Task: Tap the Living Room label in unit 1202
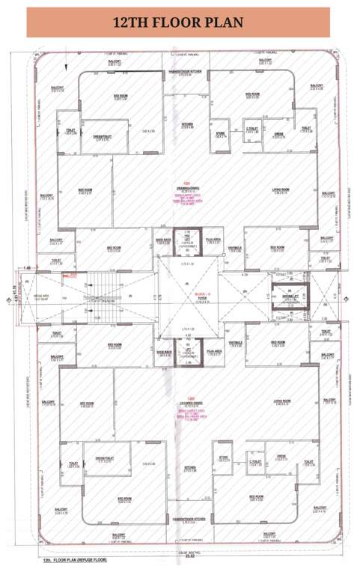pos(281,401)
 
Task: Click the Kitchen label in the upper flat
pos(189,126)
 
